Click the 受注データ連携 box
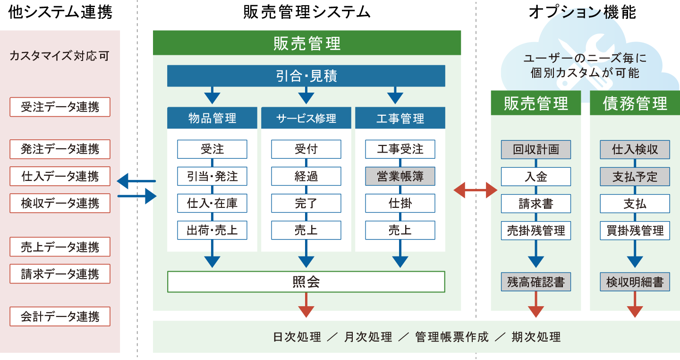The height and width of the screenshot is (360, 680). click(x=60, y=107)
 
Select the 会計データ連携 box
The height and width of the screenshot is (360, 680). click(x=60, y=317)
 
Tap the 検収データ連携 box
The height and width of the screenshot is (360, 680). click(x=60, y=203)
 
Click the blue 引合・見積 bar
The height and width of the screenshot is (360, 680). click(x=306, y=76)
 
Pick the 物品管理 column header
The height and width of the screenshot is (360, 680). click(x=212, y=118)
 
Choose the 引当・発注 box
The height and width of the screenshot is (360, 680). click(x=212, y=176)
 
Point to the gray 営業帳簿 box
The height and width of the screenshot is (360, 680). click(x=400, y=176)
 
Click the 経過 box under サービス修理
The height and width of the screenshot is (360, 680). click(x=306, y=176)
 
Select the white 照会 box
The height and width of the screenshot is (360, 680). click(x=306, y=282)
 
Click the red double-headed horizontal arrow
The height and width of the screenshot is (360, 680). click(x=476, y=190)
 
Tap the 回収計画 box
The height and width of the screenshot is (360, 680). click(x=536, y=149)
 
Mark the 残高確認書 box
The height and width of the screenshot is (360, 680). click(x=536, y=282)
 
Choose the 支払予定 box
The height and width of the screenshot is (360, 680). click(x=635, y=176)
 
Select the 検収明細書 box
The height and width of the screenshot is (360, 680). click(x=635, y=282)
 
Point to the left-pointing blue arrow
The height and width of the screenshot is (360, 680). click(x=136, y=180)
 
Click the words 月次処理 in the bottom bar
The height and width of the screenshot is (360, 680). click(x=368, y=337)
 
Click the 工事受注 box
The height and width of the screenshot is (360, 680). click(x=400, y=149)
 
